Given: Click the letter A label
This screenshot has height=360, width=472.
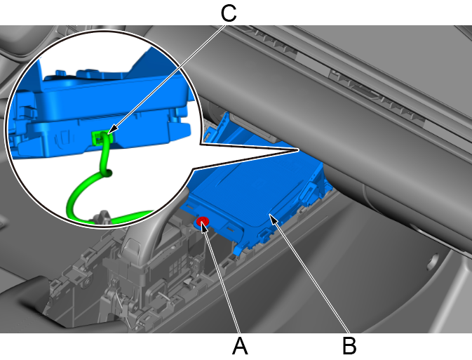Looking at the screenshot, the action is [240, 346].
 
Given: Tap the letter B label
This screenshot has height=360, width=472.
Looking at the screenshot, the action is [349, 346].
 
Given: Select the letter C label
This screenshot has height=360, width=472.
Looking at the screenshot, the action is [229, 13].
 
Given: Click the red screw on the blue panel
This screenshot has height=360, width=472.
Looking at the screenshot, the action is [203, 222].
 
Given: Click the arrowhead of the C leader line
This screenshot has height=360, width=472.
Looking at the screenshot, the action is [111, 131].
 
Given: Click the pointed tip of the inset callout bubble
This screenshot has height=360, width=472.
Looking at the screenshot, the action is [298, 149].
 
